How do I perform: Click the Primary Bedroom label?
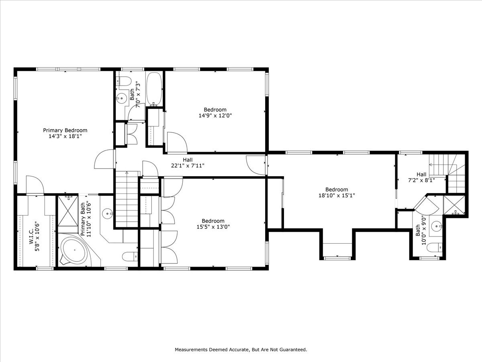[x=65, y=130]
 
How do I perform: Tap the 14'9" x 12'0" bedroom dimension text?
[x=215, y=115]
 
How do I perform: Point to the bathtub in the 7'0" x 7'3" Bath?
[x=154, y=88]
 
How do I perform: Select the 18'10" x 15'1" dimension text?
[x=337, y=195]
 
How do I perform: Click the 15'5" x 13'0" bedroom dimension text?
[x=213, y=226]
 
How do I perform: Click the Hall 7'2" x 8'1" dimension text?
[x=421, y=180]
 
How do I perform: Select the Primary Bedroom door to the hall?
[x=104, y=160]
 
